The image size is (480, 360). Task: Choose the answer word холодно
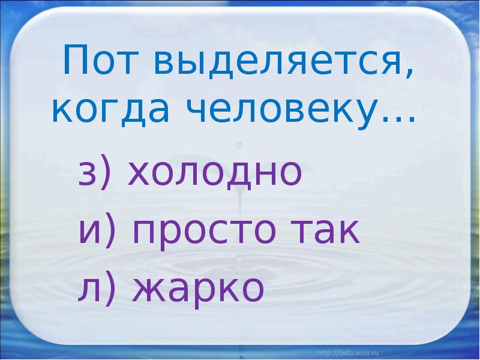tap(214, 173)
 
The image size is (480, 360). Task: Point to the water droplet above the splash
tap(239, 144)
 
